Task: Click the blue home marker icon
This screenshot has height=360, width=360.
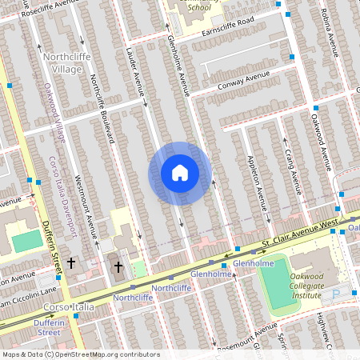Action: (180, 173)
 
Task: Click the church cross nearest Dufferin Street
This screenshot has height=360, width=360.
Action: (70, 262)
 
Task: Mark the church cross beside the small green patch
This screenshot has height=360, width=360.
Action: (118, 266)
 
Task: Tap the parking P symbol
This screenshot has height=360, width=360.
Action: (336, 294)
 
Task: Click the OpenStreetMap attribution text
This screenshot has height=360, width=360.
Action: (80, 354)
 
